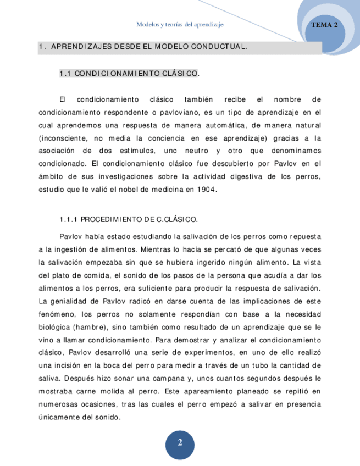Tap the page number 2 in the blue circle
(x=180, y=443)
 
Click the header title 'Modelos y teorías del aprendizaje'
(x=180, y=25)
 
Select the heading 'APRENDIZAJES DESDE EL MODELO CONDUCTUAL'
(x=148, y=47)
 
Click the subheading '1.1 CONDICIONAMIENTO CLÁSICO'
(x=129, y=73)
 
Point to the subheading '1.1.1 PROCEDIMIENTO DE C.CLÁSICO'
(x=128, y=219)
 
